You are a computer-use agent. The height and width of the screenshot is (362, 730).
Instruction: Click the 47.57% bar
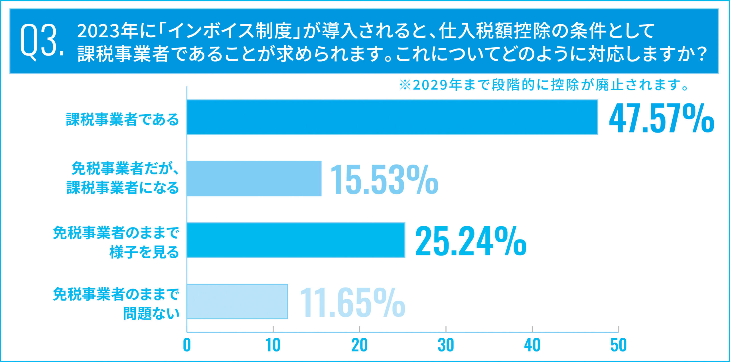tap(392, 117)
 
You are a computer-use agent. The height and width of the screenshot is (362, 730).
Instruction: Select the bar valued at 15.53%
tap(254, 178)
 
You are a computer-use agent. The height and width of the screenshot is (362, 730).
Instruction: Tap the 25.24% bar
tap(296, 240)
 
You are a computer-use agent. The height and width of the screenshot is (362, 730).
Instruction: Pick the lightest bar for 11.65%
tap(237, 302)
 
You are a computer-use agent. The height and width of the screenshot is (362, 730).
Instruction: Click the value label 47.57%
tap(661, 118)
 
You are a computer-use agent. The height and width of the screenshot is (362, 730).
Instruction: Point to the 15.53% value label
tap(384, 180)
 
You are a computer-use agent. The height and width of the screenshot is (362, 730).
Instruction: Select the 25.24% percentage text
tap(471, 241)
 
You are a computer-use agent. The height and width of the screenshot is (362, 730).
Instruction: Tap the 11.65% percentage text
tap(352, 303)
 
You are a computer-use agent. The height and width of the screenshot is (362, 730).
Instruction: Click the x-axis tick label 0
tap(187, 345)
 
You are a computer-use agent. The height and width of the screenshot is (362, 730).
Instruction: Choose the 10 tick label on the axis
tap(273, 345)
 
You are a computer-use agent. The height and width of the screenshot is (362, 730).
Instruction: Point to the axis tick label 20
tap(359, 345)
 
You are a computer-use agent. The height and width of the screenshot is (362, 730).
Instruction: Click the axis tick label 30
tap(446, 345)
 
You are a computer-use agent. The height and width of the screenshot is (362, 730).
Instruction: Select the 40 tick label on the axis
tap(532, 345)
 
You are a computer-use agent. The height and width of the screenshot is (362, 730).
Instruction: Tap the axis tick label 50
tap(619, 345)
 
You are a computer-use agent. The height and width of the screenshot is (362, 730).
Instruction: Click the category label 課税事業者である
tap(122, 119)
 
